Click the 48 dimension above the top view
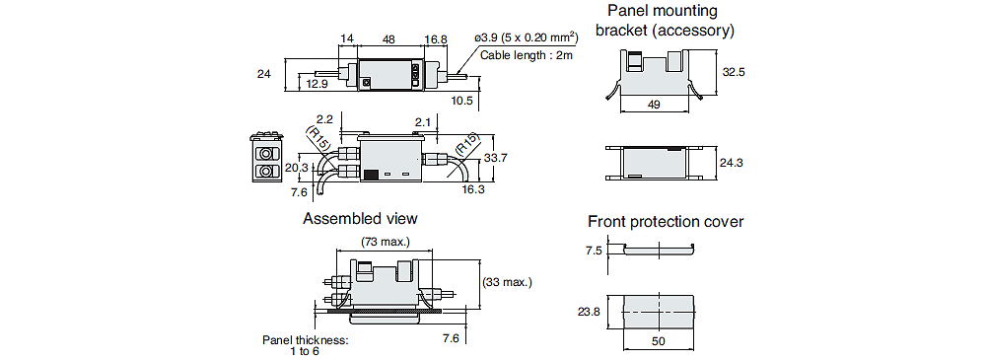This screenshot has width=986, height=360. tap(388, 39)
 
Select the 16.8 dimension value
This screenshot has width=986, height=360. tap(435, 39)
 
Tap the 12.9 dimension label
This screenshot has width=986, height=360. tap(317, 83)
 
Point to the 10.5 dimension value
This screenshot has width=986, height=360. tap(462, 100)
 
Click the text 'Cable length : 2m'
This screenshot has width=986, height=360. tap(527, 55)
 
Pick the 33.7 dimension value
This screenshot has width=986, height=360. tap(496, 159)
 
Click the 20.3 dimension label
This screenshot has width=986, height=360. tap(297, 168)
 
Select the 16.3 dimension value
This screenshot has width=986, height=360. tap(472, 188)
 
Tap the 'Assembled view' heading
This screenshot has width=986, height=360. tap(360, 219)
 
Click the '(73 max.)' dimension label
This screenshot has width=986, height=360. tap(386, 242)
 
